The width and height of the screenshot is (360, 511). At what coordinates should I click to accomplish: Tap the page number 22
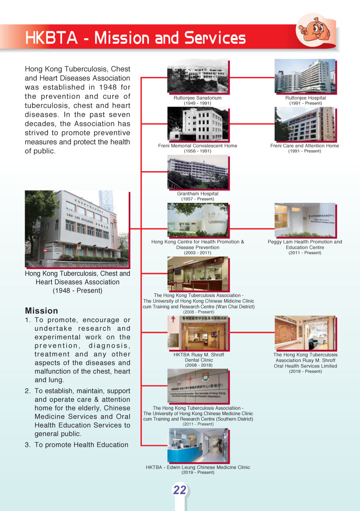tap(180, 490)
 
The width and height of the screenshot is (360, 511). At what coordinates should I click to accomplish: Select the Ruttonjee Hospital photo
tap(305, 77)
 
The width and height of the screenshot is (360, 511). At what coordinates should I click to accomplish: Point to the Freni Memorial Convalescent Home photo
tap(197, 124)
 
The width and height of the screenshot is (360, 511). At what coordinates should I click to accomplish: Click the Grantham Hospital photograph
tap(197, 172)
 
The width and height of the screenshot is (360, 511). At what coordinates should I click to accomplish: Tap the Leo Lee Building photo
tap(77, 229)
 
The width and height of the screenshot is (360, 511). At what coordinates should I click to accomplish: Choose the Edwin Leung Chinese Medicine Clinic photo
tap(197, 446)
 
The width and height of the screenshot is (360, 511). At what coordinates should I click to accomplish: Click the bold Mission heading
tap(42, 311)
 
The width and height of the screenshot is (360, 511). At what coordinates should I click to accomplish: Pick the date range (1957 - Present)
tap(198, 199)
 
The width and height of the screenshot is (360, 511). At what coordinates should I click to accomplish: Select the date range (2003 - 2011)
tap(198, 253)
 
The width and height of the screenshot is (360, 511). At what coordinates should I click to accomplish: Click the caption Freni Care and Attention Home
tap(304, 146)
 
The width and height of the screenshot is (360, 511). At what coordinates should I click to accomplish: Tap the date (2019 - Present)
tap(198, 473)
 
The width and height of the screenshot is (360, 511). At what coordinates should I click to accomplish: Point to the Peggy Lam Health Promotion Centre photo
tap(305, 220)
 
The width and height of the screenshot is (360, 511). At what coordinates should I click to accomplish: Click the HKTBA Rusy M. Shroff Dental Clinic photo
tap(198, 333)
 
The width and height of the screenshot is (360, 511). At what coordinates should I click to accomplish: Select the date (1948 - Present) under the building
tap(77, 290)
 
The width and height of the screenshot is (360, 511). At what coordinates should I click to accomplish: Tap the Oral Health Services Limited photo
tap(305, 333)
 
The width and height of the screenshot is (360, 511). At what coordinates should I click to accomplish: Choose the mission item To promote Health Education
tap(81, 444)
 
